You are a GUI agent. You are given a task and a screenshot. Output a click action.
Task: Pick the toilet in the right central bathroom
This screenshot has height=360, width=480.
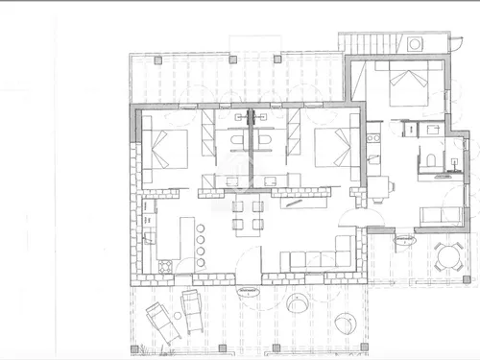click(x=267, y=143)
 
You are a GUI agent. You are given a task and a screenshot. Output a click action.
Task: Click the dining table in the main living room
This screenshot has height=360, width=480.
click(x=248, y=214)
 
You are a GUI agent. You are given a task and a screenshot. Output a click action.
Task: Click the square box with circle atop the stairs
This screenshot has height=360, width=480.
click(x=415, y=44)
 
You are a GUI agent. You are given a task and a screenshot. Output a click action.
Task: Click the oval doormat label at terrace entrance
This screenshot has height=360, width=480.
click(x=247, y=287)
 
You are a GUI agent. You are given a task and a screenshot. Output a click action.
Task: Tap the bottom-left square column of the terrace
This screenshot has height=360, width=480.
click(x=136, y=348)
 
